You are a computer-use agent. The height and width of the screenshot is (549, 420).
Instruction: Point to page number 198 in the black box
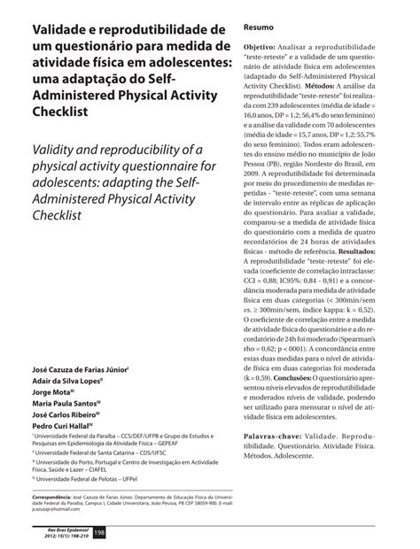[x=99, y=530]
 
